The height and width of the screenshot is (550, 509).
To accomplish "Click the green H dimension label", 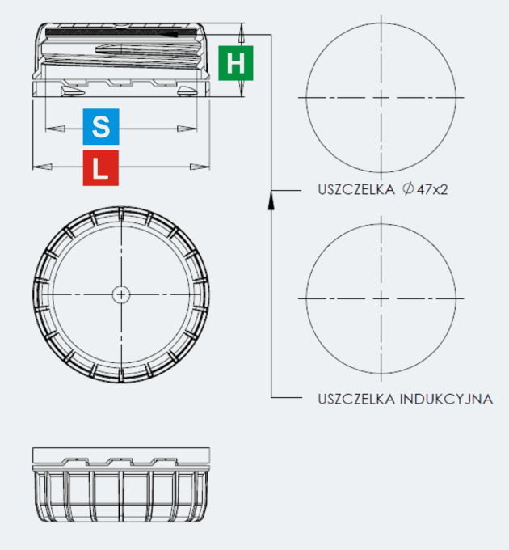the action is pos(235,63).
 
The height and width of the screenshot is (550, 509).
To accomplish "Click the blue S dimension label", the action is pos(101,127).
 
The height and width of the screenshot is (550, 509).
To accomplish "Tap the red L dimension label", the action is pos(100,168).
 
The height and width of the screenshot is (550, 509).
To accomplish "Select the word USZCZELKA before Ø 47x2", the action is pos(356,190).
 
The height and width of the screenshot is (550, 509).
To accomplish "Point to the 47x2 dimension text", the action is pos(432,190).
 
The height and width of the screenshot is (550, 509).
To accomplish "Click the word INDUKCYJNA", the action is pos(446,400).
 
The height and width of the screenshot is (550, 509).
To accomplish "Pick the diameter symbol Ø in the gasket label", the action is pos(407,189).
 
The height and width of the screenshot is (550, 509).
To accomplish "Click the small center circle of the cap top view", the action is pos(121,294).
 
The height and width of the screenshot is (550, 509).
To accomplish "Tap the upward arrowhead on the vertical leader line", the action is pos(271,200).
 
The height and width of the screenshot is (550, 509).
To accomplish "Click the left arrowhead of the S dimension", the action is pos(56,129).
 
